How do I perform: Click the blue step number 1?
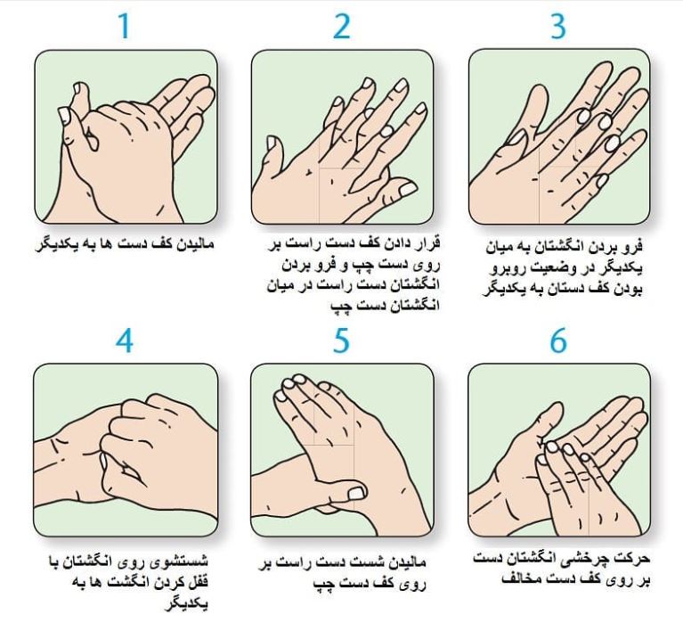(x=125, y=26)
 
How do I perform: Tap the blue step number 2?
(x=342, y=26)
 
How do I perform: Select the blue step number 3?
(x=558, y=26)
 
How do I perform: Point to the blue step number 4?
(x=125, y=340)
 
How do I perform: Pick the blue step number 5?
(x=342, y=340)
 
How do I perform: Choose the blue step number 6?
(x=558, y=340)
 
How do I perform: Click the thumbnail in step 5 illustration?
(x=356, y=493)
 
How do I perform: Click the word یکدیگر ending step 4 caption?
(x=186, y=604)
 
